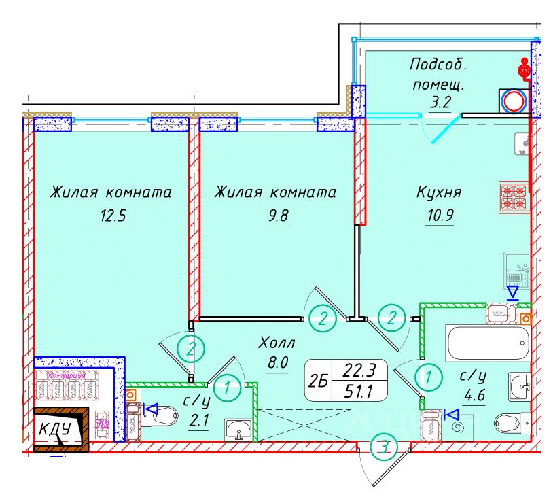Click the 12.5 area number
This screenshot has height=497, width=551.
112,218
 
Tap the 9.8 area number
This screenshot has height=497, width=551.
278,218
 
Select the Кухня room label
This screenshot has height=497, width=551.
439,192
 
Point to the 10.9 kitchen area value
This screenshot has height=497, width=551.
439,218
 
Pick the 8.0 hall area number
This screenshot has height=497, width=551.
278,363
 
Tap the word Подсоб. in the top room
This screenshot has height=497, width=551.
439,65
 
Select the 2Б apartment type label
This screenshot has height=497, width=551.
317,382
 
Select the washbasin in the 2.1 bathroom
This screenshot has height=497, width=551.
238,429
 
